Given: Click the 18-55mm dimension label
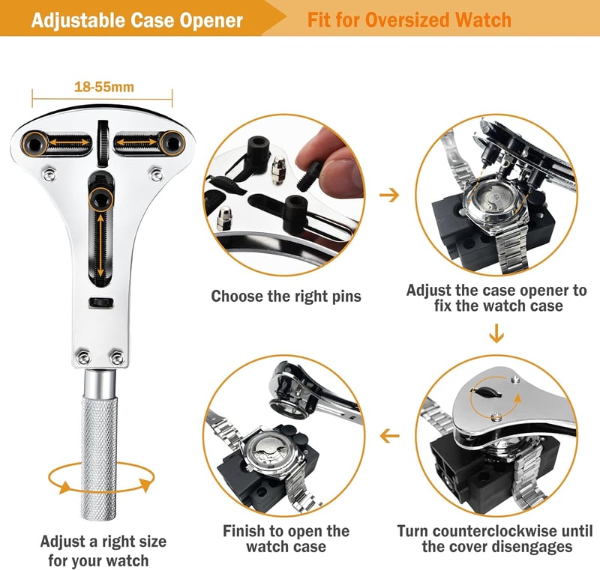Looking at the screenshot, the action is click(104, 87).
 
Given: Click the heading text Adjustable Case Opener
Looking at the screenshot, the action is click(137, 20).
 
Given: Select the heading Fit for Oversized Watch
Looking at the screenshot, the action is click(409, 20).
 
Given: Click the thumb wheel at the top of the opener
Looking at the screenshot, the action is click(103, 143).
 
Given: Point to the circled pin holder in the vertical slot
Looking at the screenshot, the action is click(101, 199).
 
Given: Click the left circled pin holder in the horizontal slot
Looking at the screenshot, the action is click(35, 144).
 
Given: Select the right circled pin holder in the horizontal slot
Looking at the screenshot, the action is click(173, 143).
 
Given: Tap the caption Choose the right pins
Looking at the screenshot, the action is click(286, 297).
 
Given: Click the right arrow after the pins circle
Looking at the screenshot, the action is click(389, 195).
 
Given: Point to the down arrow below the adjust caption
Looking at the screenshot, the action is click(496, 333).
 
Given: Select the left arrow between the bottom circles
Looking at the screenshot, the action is click(389, 435).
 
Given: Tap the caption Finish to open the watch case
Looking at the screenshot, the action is click(286, 539).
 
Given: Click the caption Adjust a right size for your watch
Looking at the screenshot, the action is click(103, 551).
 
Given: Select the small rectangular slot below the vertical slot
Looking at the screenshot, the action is click(101, 302).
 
